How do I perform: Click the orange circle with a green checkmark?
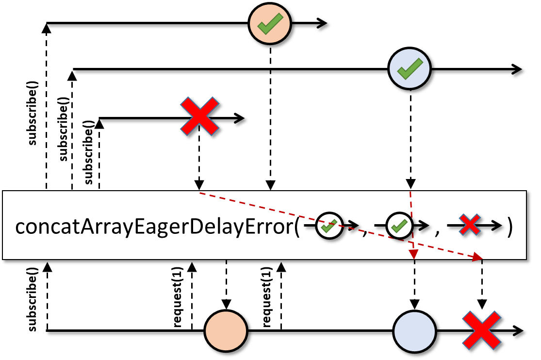point(269,23)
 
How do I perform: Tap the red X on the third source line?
point(199,116)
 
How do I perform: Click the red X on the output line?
point(481,331)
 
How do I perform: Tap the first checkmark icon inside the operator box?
point(329,226)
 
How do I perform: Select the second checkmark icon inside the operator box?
point(399,226)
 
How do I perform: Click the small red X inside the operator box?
point(469,226)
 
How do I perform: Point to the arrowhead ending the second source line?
point(516,70)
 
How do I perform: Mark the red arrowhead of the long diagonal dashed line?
point(478,257)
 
